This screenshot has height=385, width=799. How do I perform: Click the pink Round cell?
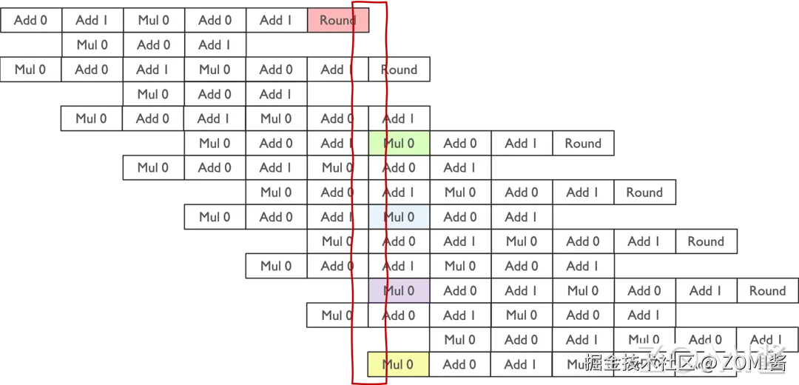(x=338, y=21)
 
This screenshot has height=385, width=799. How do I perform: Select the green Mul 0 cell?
(x=399, y=144)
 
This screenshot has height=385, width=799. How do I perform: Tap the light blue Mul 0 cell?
(x=399, y=217)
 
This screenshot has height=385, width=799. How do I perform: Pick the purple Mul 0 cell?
(x=399, y=291)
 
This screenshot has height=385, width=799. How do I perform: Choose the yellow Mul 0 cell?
(x=398, y=364)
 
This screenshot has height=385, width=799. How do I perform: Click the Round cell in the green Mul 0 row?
(x=583, y=144)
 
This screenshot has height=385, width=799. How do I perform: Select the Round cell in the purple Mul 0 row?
(x=767, y=291)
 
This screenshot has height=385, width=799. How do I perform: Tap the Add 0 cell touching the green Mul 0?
(x=460, y=144)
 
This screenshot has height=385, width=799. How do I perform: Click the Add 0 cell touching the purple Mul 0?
(x=460, y=291)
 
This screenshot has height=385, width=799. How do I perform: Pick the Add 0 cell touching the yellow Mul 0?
(x=460, y=364)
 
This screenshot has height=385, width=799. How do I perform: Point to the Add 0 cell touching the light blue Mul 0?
(x=460, y=217)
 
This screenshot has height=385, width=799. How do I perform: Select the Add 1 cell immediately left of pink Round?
(x=276, y=21)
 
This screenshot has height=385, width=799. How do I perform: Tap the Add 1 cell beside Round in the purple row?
(x=706, y=291)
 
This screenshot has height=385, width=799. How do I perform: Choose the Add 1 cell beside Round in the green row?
(x=522, y=144)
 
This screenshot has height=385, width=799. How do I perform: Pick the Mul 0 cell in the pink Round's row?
(x=153, y=21)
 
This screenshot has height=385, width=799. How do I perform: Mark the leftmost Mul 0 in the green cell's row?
(x=215, y=144)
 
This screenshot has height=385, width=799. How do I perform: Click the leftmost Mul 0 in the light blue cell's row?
(x=215, y=217)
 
